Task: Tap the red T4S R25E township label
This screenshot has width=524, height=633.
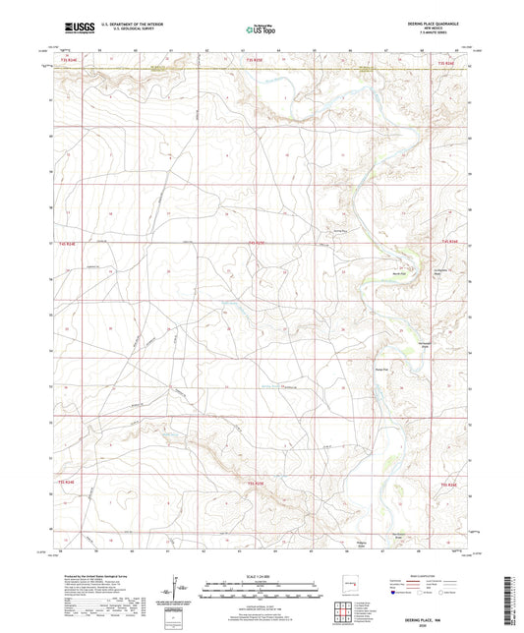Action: [256, 240]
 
